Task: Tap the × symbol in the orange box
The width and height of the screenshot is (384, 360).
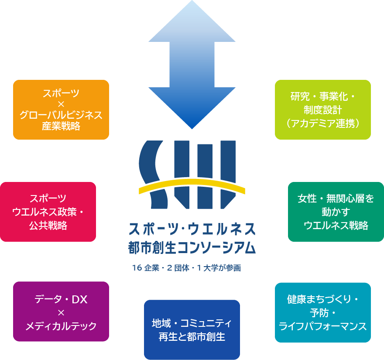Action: (61, 104)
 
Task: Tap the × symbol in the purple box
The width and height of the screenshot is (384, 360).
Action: (61, 312)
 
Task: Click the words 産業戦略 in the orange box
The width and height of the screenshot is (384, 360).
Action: (61, 127)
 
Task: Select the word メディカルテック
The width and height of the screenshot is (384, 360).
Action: (61, 326)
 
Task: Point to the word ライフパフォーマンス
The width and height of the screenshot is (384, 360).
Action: (323, 326)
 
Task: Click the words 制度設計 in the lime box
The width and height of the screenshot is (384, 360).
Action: (323, 110)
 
